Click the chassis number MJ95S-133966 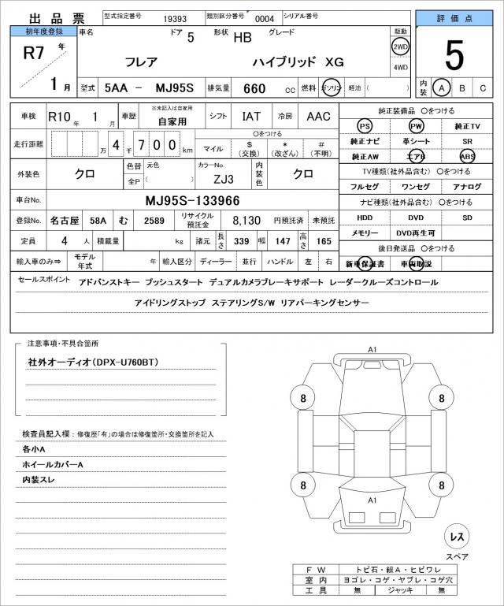(193, 200)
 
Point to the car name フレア (142, 61)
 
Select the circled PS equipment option (364, 127)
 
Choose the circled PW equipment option (416, 127)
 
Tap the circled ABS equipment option (467, 157)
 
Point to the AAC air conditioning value (318, 117)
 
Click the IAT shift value (251, 117)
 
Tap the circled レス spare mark (456, 537)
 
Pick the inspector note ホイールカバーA (53, 464)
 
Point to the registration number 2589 (154, 221)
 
